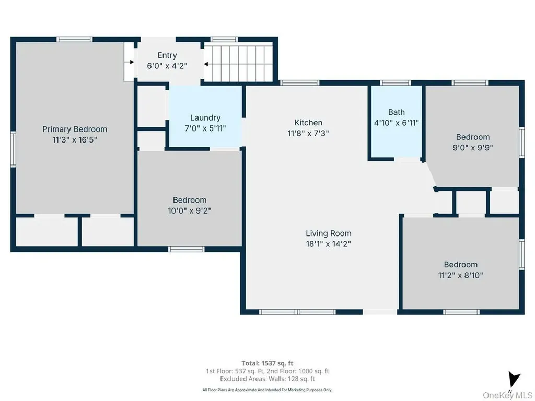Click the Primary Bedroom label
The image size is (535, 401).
coord(75,129)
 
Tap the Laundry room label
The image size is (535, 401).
coord(205,117)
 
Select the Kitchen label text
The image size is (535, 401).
coord(308,122)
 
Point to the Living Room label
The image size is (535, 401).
coord(328,233)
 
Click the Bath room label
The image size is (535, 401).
coord(397,112)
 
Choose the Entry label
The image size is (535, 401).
coord(167,55)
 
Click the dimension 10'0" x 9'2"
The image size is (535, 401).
coord(189,211)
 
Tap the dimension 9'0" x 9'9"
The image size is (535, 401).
coord(472,148)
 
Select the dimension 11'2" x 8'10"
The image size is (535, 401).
coord(460,275)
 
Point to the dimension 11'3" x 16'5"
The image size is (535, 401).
coord(75,140)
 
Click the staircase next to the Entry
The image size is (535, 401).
coord(239,63)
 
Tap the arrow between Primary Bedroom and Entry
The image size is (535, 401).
coord(129,62)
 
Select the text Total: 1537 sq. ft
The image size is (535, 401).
coord(267,363)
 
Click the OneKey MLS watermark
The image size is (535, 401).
coord(508,395)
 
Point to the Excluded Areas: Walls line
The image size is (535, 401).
coord(267,379)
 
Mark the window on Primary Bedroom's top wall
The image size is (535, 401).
coord(74,39)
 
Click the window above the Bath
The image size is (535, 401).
coord(396,82)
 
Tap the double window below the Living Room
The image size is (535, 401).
coord(297,312)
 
